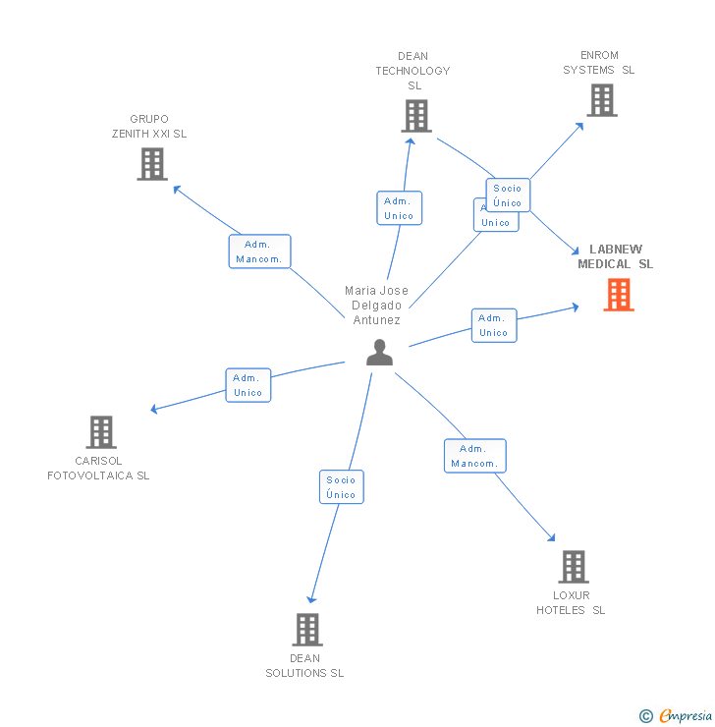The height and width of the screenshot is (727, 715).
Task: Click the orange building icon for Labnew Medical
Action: point(618,295)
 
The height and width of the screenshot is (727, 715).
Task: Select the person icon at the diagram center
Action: point(379,352)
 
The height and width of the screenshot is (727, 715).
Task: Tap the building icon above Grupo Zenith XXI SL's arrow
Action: point(152,164)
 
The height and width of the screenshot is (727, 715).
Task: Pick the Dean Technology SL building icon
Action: point(416,116)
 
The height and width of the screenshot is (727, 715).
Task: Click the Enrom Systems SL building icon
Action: point(602,100)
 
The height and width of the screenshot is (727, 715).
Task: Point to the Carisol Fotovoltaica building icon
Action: point(101,431)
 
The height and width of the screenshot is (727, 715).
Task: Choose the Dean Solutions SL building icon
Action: point(307,630)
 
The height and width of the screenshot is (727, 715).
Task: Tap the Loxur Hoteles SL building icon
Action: point(574,567)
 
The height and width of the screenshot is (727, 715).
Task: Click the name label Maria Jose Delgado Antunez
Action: point(376,306)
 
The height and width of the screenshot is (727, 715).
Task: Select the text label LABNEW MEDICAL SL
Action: point(615,256)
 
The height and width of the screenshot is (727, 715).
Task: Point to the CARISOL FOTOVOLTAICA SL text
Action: point(98,469)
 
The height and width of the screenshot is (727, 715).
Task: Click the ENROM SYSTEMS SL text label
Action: point(599,63)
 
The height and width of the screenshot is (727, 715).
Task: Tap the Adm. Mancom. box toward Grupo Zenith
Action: point(259,252)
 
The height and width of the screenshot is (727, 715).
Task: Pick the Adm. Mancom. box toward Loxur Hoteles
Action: point(475,456)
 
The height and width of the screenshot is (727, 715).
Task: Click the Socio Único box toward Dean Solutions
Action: point(341,487)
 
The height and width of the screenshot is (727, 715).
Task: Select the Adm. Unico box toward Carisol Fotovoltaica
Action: point(247,385)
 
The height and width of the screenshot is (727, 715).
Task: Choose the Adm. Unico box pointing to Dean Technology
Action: point(399,208)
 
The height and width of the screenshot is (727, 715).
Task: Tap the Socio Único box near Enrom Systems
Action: point(508,196)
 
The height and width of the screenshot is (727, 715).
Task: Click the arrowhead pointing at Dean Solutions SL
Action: point(311,598)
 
